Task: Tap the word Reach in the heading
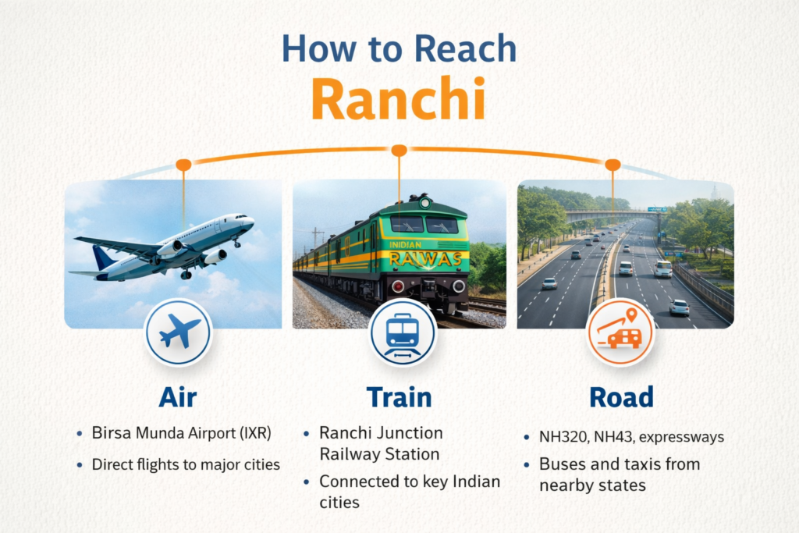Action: (465, 49)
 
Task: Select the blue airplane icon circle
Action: (179, 332)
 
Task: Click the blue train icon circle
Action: (403, 332)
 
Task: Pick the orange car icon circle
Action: (620, 331)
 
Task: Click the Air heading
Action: (178, 397)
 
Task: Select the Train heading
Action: (399, 397)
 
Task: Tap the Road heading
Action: (621, 397)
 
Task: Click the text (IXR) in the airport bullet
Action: (255, 433)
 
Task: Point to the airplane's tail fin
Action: (103, 258)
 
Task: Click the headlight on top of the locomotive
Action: (424, 204)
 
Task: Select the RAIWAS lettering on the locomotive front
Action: (425, 259)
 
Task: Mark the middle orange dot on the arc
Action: (399, 150)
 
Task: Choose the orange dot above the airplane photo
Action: (183, 165)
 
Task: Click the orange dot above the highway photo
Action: (613, 165)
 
